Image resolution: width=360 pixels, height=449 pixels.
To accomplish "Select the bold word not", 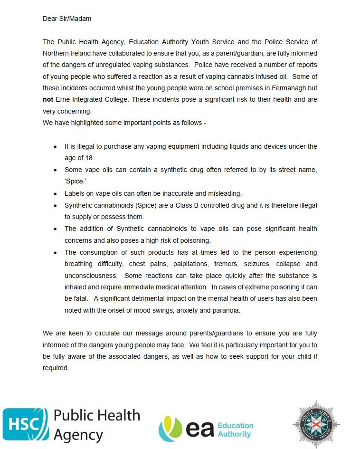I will (x=48, y=100).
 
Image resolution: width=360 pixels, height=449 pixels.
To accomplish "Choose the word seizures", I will (x=260, y=264).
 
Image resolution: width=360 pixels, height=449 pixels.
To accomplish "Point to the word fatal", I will (x=77, y=299).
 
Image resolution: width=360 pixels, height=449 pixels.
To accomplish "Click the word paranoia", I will (x=226, y=310).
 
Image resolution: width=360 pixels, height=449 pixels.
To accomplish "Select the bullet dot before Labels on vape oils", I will (x=55, y=194).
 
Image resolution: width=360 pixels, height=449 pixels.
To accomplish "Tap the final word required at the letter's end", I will (x=56, y=368).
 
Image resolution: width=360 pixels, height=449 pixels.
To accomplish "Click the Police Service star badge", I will (x=316, y=424).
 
